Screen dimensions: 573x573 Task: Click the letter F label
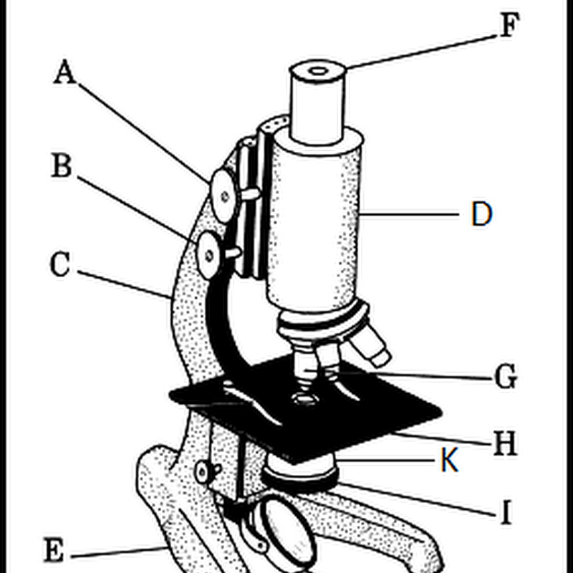tap(508, 27)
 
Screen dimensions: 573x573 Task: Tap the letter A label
tap(64, 72)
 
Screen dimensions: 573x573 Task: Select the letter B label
tap(62, 166)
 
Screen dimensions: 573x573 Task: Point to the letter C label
tap(60, 265)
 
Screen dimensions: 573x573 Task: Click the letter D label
tap(481, 214)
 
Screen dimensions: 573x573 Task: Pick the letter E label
tap(53, 552)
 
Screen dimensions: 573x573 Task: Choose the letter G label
tap(506, 377)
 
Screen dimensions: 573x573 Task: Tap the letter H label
tap(504, 445)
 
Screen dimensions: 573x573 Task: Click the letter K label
tap(449, 462)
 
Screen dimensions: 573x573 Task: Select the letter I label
tap(506, 513)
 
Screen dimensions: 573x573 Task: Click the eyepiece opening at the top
tap(318, 71)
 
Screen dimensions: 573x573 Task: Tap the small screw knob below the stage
tap(204, 471)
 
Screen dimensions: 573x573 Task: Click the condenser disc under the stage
tap(301, 473)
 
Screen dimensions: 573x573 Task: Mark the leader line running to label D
tap(408, 213)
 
